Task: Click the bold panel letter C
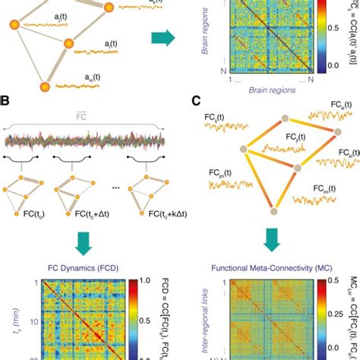pyautogui.click(x=196, y=99)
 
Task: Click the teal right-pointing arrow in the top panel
pyautogui.click(x=160, y=37)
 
